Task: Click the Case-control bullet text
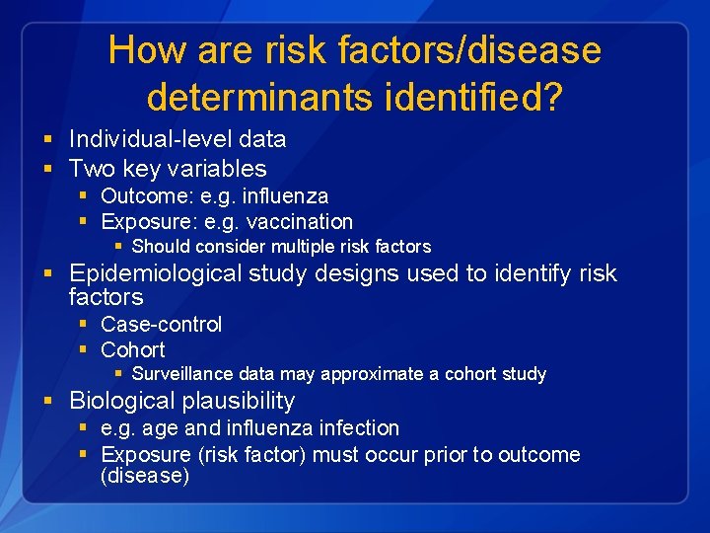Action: pos(162,324)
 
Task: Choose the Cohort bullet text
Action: pos(133,349)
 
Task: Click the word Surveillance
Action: pos(181,374)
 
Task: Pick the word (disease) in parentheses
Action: pos(145,476)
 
